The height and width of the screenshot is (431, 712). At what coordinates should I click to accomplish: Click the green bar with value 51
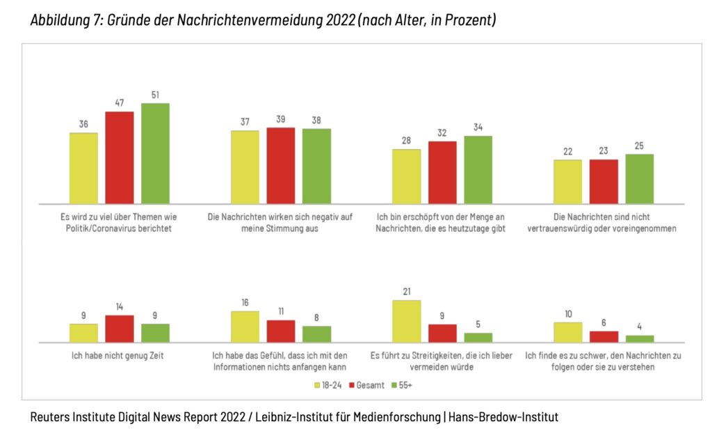155,153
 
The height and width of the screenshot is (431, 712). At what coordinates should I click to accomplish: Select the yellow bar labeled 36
83,168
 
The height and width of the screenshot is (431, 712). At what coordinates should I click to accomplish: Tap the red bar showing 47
119,157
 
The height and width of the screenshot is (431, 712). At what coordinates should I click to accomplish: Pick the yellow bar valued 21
406,321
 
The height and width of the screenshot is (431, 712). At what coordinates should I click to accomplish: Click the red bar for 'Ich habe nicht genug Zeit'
119,329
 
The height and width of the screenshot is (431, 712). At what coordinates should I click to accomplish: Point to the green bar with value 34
478,169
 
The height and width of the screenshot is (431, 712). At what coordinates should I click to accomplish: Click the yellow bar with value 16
245,327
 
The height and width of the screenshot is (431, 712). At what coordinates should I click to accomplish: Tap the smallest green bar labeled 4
639,338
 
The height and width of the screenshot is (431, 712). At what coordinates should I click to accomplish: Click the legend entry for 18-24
330,384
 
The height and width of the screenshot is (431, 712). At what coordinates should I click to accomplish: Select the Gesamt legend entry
369,384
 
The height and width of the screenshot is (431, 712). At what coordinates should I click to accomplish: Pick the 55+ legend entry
407,384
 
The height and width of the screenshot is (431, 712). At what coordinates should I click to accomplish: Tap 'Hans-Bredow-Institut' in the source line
503,417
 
